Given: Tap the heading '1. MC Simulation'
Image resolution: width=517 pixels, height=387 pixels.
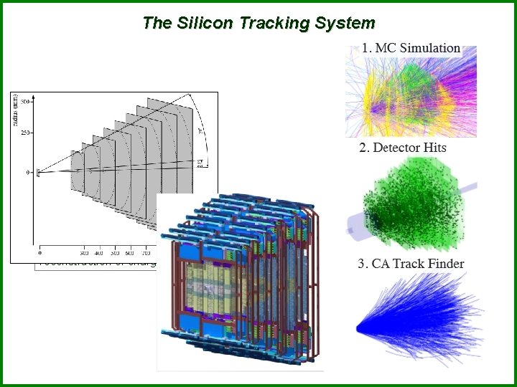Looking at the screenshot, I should [410, 48].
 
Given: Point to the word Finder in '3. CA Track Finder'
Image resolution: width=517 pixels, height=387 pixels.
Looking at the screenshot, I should [444, 263].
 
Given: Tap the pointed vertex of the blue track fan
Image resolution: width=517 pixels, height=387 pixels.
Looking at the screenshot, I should [359, 328].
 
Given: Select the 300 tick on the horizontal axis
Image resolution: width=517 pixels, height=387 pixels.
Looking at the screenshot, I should [85, 254].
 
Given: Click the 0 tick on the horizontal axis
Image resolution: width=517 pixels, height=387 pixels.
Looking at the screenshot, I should [39, 254].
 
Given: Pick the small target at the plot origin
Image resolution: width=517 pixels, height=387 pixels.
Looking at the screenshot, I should [38, 171].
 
